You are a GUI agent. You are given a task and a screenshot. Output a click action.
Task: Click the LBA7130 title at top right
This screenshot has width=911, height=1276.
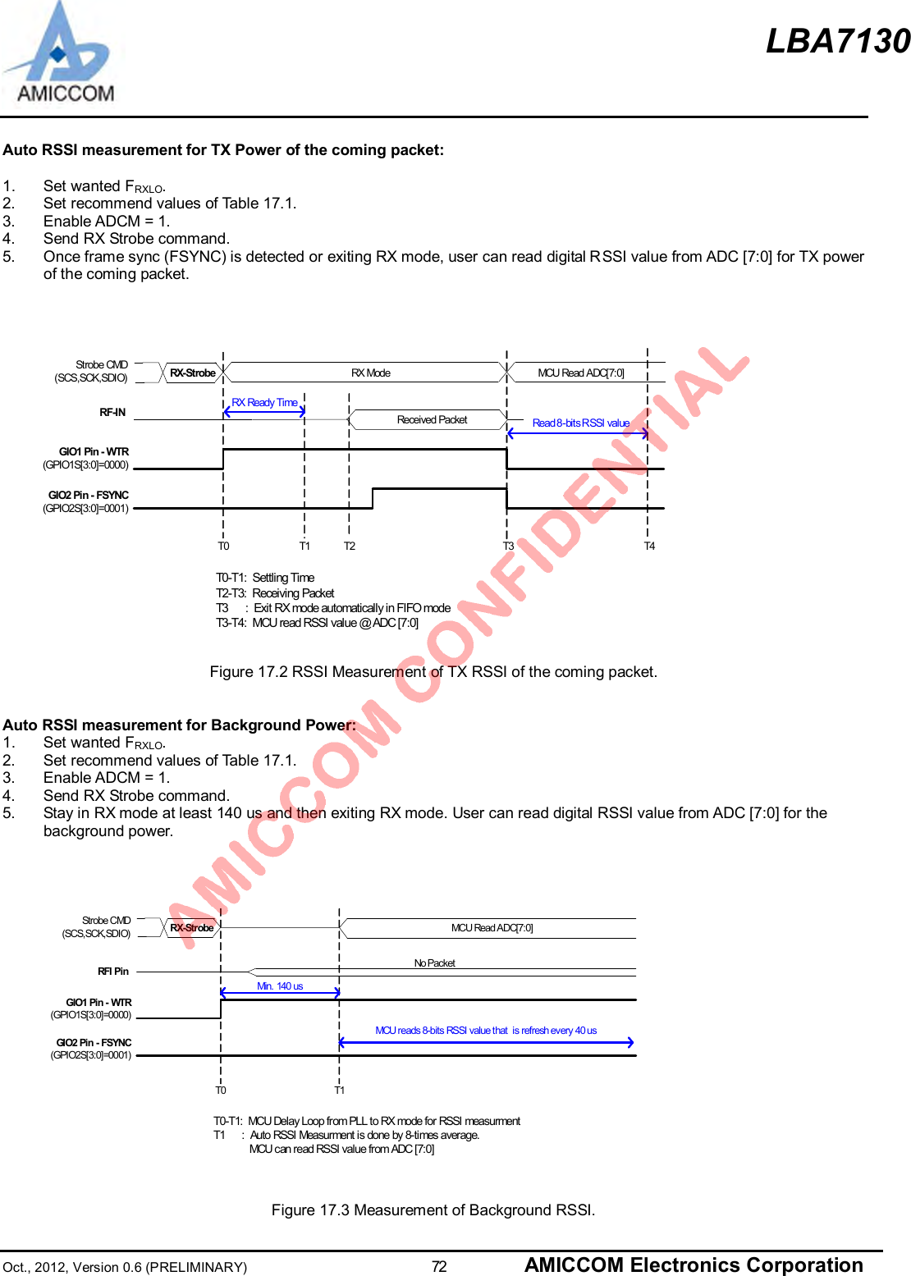click(x=837, y=41)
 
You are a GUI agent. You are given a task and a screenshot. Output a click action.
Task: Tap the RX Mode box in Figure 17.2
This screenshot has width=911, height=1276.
click(x=370, y=373)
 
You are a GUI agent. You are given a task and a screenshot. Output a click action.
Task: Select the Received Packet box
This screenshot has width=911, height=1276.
click(x=432, y=420)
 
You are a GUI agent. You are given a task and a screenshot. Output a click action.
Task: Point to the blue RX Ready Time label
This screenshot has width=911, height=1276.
click(x=264, y=403)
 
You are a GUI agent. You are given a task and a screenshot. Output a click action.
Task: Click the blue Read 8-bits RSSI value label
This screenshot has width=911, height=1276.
click(x=580, y=423)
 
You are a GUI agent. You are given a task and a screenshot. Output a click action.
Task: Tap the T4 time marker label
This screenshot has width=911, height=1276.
click(x=649, y=547)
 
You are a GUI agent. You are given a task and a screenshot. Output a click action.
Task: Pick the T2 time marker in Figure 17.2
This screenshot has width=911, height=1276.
click(x=350, y=547)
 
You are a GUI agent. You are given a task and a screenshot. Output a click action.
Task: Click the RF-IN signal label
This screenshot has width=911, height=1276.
click(x=112, y=413)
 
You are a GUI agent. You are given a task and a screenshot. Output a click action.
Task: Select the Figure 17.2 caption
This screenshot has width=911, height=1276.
click(x=433, y=672)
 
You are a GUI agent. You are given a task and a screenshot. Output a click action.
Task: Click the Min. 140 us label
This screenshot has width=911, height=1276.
click(x=280, y=986)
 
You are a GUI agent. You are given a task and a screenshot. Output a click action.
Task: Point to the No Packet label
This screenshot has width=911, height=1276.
click(x=434, y=963)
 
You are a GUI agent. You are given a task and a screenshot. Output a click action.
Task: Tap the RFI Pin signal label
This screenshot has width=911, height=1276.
click(x=113, y=972)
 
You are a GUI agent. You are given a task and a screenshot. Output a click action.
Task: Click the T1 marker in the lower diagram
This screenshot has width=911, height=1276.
click(x=339, y=1091)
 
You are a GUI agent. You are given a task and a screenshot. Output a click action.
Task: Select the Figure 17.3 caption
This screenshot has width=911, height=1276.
click(x=433, y=1210)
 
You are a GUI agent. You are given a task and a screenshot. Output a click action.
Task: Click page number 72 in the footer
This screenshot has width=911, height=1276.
click(x=439, y=1267)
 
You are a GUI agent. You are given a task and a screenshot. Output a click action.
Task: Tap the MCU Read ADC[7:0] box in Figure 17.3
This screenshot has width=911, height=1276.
click(x=492, y=928)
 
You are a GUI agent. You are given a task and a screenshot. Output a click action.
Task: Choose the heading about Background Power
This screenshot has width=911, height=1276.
click(x=179, y=725)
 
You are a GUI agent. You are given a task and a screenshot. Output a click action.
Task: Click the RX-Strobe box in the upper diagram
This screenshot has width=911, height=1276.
click(x=193, y=373)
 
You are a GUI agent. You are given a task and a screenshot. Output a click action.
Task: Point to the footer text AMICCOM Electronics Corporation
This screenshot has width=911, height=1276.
click(x=694, y=1265)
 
